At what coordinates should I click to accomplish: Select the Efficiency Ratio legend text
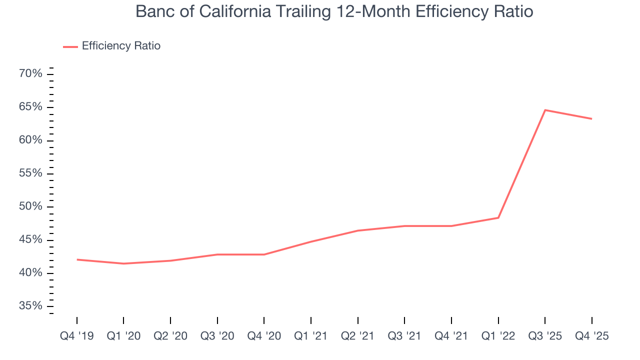click(x=121, y=46)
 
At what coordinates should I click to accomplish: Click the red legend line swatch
click(x=70, y=46)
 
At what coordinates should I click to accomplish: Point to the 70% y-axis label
click(x=31, y=74)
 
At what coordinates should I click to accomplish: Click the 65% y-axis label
click(x=31, y=107)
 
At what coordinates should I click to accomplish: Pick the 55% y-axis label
click(x=31, y=173)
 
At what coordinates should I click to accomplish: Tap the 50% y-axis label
click(x=31, y=206)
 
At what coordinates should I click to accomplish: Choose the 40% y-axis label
click(x=31, y=273)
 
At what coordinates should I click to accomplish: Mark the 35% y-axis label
click(x=31, y=306)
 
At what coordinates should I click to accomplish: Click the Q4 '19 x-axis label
click(x=76, y=336)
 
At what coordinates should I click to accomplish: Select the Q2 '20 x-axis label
click(x=170, y=336)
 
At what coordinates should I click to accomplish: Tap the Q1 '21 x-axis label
click(x=311, y=336)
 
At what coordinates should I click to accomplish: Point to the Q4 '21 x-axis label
click(x=451, y=336)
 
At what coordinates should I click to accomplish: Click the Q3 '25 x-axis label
click(x=545, y=336)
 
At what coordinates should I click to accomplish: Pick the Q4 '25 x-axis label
click(x=592, y=336)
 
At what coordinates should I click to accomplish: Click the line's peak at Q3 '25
click(x=545, y=110)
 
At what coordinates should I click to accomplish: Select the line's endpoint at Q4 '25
click(x=592, y=118)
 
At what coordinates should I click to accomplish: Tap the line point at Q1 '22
click(x=498, y=217)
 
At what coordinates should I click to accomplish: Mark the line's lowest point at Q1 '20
click(x=123, y=263)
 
